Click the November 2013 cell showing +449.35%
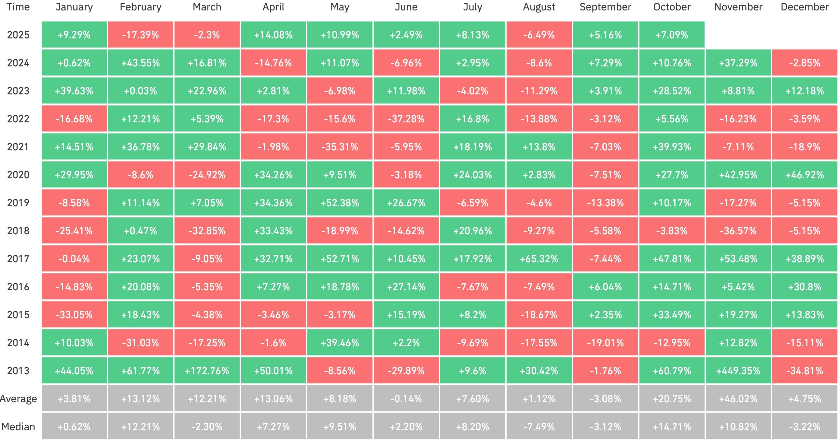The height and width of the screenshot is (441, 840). coord(738,371)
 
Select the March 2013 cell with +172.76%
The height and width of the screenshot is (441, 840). coord(207,371)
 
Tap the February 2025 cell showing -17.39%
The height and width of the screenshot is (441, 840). coord(140,35)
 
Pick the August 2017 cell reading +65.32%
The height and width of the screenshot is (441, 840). coord(539,259)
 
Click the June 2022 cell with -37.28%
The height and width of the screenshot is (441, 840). coord(406,119)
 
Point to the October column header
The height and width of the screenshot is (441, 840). coord(672,7)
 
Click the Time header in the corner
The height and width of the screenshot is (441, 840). coord(18,7)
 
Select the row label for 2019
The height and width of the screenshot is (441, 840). coord(18,203)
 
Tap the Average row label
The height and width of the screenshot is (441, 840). coord(18,399)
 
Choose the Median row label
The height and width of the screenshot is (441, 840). coord(18,427)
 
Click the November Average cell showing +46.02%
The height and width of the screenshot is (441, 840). coord(738,399)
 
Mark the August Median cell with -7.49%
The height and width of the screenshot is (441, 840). coord(539,427)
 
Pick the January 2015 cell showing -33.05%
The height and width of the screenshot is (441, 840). coord(74,315)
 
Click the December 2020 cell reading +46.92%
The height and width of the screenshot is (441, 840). coord(805,175)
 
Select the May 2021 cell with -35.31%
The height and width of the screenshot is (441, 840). coord(340,147)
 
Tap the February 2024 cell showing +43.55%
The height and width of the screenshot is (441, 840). coord(140,63)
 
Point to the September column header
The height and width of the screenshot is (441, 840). coord(605,7)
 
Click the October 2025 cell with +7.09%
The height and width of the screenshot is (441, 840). coord(672,35)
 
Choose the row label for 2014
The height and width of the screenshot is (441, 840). coord(18,343)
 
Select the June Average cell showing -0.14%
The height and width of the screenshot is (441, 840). coord(406,399)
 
